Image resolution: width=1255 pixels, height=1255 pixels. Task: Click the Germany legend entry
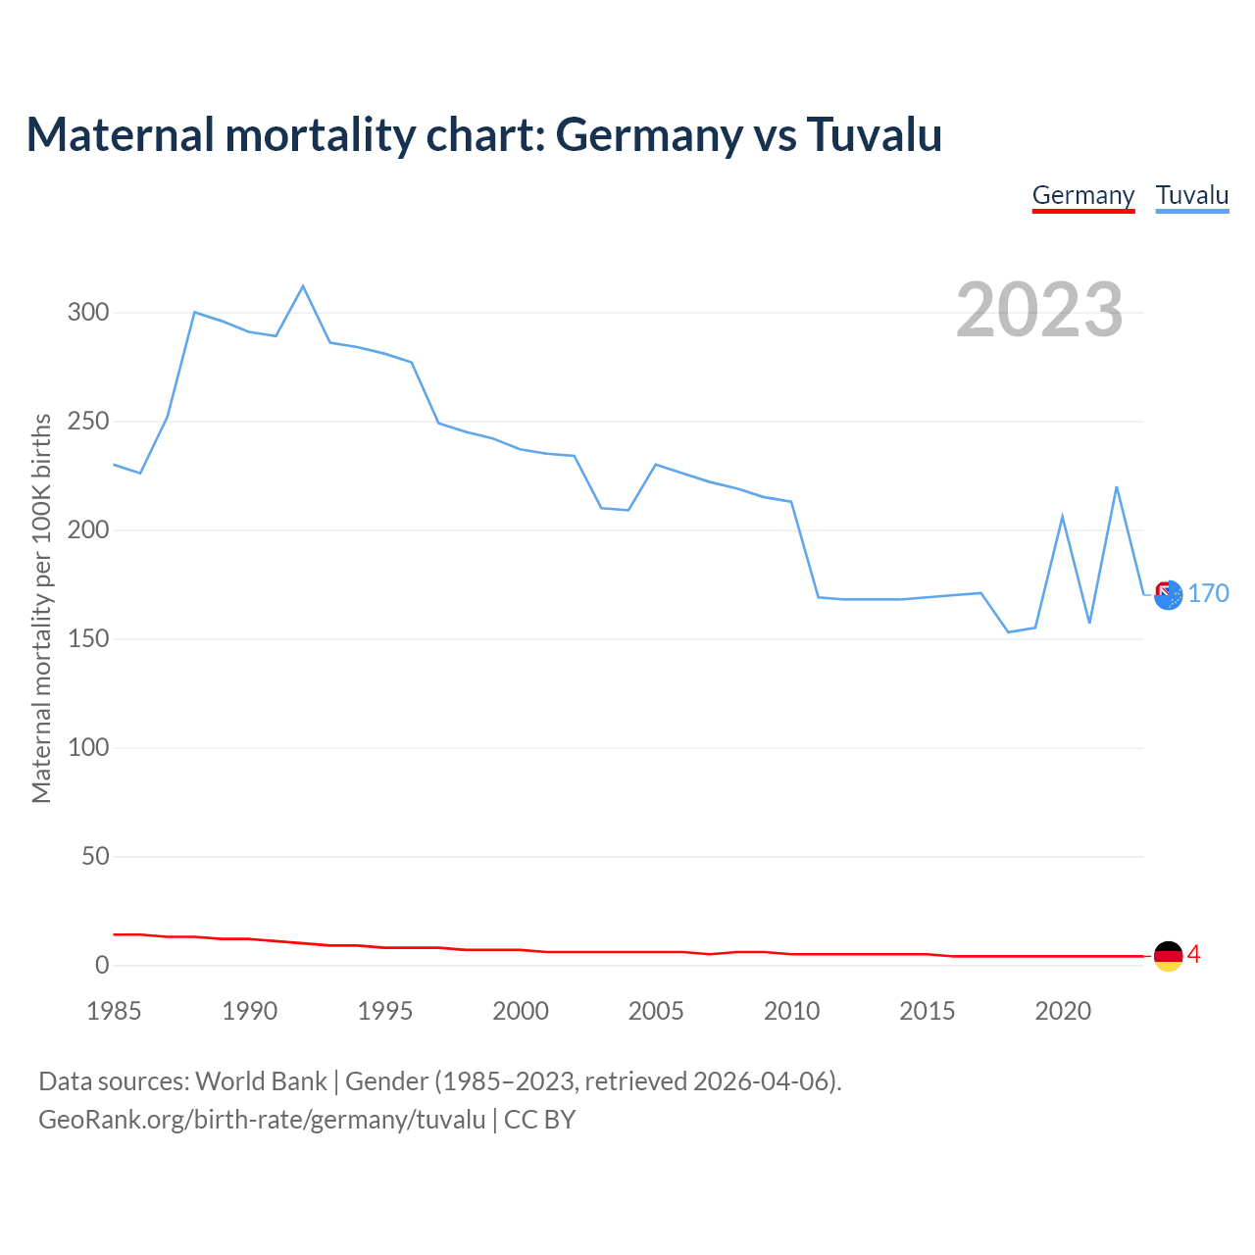pyautogui.click(x=1082, y=195)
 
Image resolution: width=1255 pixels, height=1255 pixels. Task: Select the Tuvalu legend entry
pyautogui.click(x=1191, y=195)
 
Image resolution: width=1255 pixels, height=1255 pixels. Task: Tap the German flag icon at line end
pyautogui.click(x=1168, y=956)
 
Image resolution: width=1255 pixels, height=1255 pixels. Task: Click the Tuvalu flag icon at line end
pyautogui.click(x=1168, y=594)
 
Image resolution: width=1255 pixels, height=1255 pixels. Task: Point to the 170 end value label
pyautogui.click(x=1208, y=594)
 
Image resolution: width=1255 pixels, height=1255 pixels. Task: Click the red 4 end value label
pyautogui.click(x=1193, y=955)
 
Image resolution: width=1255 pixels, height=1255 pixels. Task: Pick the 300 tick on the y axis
pyautogui.click(x=87, y=313)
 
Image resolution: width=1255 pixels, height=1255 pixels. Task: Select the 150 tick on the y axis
pyautogui.click(x=87, y=639)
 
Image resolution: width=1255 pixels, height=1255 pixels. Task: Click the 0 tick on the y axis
pyautogui.click(x=102, y=966)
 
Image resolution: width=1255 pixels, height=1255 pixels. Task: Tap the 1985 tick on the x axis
pyautogui.click(x=114, y=1011)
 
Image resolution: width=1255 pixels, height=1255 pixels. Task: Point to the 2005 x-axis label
pyautogui.click(x=656, y=1011)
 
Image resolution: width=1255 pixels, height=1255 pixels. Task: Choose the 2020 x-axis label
pyautogui.click(x=1062, y=1011)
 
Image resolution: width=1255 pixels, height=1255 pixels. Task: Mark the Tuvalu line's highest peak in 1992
pyautogui.click(x=303, y=286)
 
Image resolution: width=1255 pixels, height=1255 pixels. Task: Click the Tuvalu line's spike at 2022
pyautogui.click(x=1116, y=487)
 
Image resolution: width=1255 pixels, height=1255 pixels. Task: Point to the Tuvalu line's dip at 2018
pyautogui.click(x=1008, y=631)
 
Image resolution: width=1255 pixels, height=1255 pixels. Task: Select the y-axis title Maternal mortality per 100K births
pyautogui.click(x=41, y=608)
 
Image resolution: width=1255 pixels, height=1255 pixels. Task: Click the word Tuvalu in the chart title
pyautogui.click(x=874, y=134)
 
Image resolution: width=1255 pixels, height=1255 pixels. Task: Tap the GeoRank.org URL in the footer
pyautogui.click(x=262, y=1120)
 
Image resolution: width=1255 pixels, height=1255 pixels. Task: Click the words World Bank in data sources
pyautogui.click(x=261, y=1081)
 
